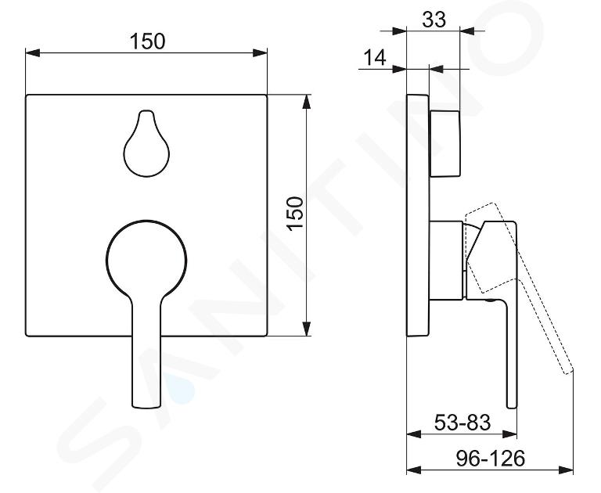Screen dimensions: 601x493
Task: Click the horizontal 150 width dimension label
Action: click(x=148, y=41)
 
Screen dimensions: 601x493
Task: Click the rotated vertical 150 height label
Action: click(x=296, y=214)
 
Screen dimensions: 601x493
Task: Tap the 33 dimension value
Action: click(x=434, y=20)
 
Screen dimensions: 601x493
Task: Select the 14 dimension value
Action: click(x=375, y=58)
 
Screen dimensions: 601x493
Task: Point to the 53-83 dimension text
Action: click(x=462, y=423)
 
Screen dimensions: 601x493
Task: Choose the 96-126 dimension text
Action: click(x=490, y=458)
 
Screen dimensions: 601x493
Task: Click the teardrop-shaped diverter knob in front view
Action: click(x=146, y=143)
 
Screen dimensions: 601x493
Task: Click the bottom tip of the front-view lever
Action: click(x=146, y=406)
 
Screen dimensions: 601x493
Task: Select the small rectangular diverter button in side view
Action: click(x=444, y=144)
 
